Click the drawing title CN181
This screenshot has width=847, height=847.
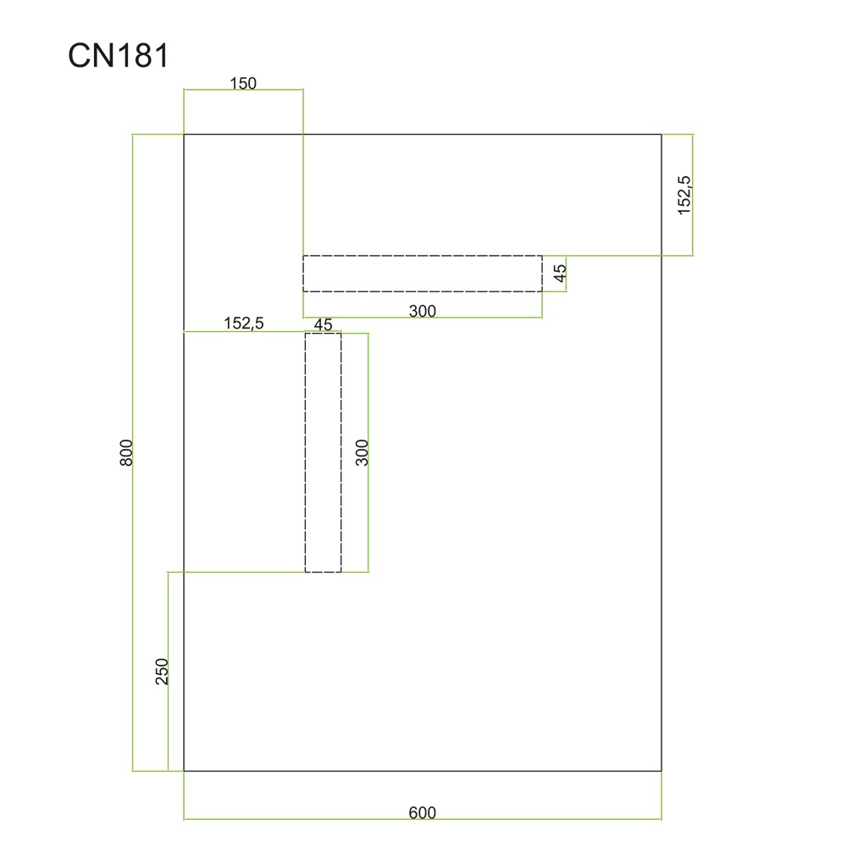tap(119, 57)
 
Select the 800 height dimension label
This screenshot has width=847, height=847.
tap(126, 452)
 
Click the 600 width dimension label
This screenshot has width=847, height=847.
tap(422, 813)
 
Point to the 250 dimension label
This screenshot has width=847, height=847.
tap(163, 671)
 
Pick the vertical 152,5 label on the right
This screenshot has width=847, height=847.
tap(684, 194)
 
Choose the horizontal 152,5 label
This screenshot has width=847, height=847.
tap(244, 323)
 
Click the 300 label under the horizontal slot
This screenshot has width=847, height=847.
tap(422, 311)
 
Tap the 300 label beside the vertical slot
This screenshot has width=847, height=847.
tap(362, 452)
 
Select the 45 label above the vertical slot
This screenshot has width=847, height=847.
tap(323, 324)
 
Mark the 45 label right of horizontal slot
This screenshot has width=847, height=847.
tap(559, 274)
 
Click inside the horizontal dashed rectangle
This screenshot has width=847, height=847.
tap(422, 274)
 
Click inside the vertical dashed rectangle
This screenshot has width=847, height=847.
tap(323, 452)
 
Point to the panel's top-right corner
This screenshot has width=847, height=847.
tap(661, 134)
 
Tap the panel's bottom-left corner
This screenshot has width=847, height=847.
tap(185, 771)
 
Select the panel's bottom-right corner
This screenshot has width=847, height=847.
tap(661, 771)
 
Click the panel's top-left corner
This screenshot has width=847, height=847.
tap(185, 134)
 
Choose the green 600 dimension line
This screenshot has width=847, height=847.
tap(296, 820)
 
